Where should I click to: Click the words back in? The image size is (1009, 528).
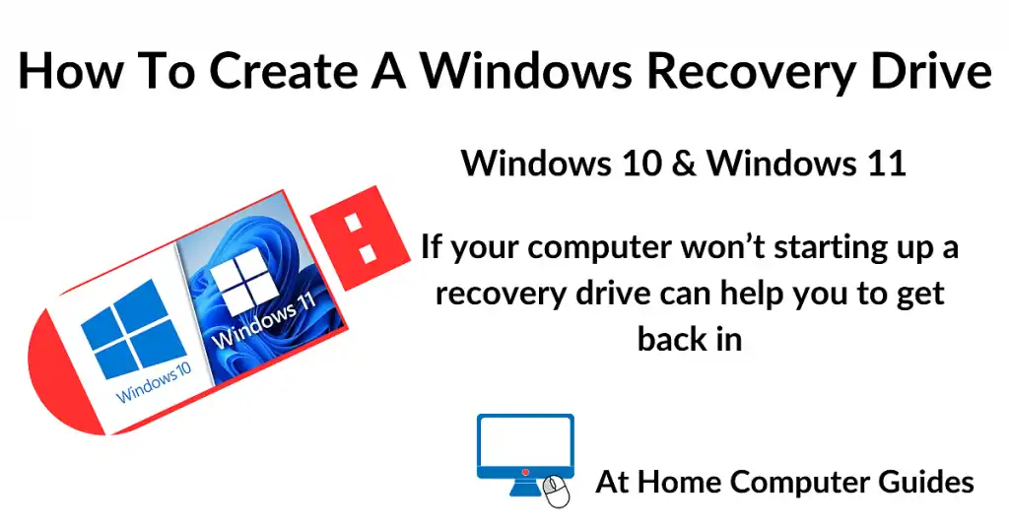point(689,338)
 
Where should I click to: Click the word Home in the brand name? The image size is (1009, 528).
point(683,483)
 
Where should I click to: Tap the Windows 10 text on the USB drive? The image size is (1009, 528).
point(154,383)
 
